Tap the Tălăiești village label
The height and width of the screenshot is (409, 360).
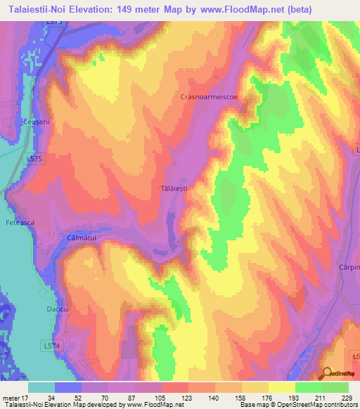[x=173, y=188]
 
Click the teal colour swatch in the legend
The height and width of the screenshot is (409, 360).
[x=41, y=387]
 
